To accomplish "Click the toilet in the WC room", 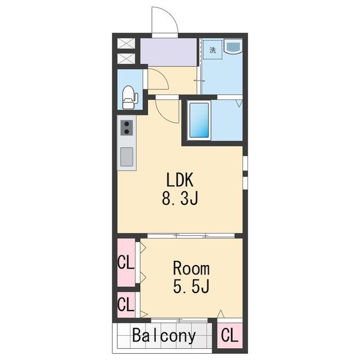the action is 129,97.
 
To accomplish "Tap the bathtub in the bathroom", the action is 199,120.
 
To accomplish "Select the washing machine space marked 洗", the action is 213,49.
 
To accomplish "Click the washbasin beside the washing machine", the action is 233,46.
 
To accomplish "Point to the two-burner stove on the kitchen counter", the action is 127,128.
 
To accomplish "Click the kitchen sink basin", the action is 127,156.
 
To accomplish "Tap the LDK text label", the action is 180,180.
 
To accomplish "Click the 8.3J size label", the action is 180,198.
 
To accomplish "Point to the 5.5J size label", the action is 191,286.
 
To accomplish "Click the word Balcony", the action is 164,336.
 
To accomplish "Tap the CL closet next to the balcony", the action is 229,335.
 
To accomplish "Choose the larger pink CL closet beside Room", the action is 126,263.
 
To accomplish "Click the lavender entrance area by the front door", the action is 169,52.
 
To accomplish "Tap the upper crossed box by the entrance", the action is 126,43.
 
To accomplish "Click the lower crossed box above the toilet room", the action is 126,58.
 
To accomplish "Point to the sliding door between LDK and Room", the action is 191,236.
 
